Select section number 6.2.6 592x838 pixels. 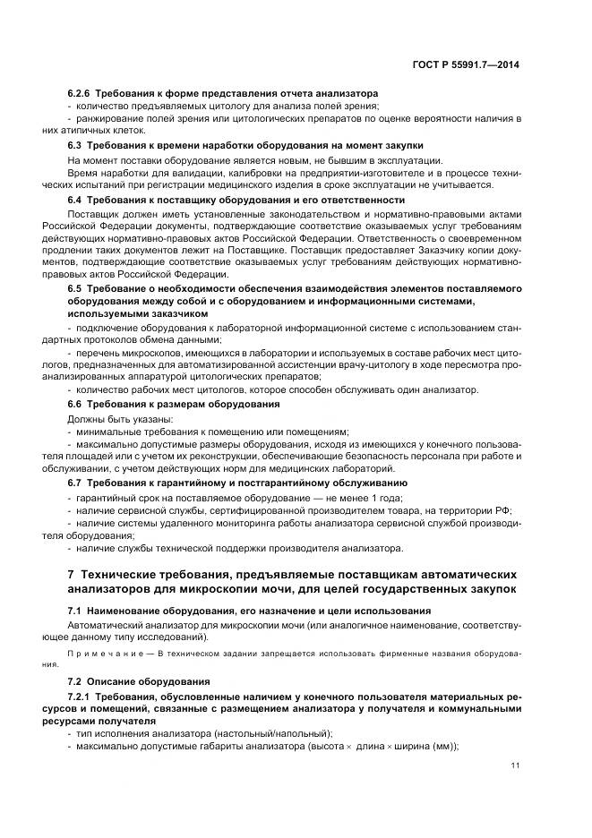tap(80, 93)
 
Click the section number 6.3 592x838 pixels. tap(75, 145)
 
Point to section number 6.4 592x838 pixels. tap(75, 200)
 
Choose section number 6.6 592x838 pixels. tap(75, 405)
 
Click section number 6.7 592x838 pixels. tap(75, 483)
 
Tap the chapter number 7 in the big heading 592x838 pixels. tap(72, 574)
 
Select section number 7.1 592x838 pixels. tap(75, 611)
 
